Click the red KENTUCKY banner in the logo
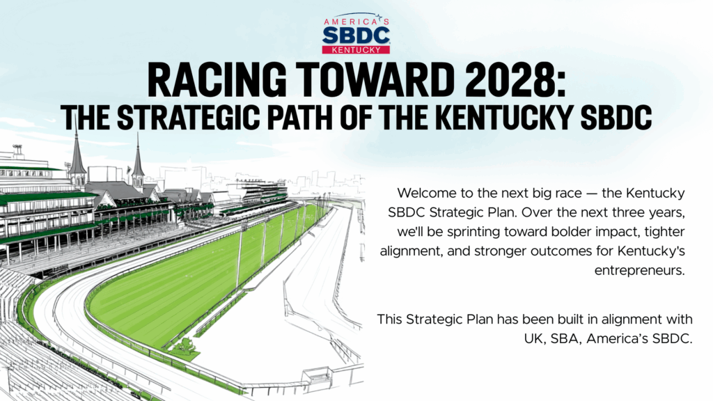[356, 49]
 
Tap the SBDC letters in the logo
[356, 36]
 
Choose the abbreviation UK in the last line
[532, 339]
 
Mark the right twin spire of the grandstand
[138, 160]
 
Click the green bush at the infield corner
[184, 347]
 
